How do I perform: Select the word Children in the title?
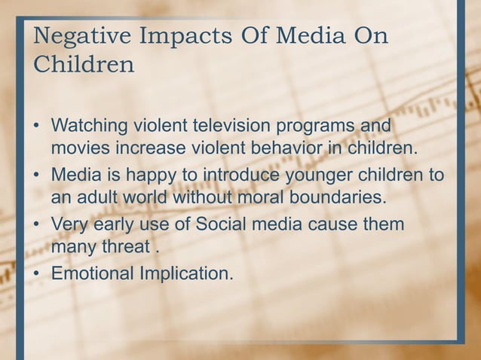[x=80, y=65]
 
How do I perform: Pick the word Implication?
[x=188, y=273]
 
